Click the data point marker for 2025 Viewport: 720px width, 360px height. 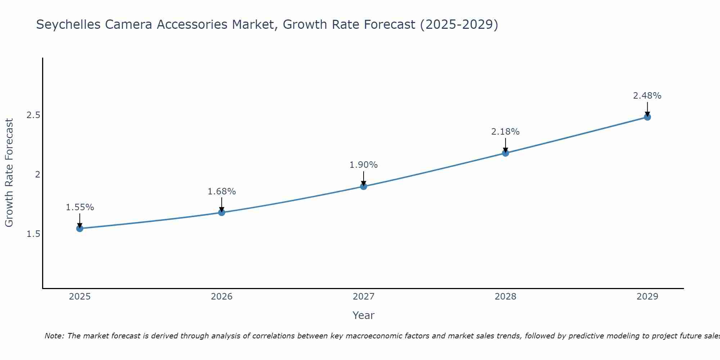coord(80,228)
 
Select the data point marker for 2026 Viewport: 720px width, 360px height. coord(222,212)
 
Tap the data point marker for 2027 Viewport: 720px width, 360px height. coord(364,186)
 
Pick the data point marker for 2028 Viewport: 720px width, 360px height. coord(505,153)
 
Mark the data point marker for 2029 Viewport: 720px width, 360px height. coord(647,117)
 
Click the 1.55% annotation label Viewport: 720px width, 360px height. coord(80,207)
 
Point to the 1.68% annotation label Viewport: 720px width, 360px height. coord(222,192)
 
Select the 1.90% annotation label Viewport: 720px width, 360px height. coord(364,165)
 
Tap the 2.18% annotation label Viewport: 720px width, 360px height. coord(505,132)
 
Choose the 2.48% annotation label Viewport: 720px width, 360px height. coord(647,96)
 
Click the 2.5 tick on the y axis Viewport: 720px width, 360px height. coord(33,115)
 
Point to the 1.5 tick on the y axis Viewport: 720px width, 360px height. coord(33,234)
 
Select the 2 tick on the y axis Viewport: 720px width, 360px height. coord(37,175)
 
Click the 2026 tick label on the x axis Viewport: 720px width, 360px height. coord(222,297)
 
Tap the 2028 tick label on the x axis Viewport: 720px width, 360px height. coord(505,297)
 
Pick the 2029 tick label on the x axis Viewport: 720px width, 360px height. coord(647,297)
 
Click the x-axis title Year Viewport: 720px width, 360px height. coord(364,315)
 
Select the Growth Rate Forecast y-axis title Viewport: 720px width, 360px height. coord(9,173)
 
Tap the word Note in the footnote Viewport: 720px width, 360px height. coord(54,336)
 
